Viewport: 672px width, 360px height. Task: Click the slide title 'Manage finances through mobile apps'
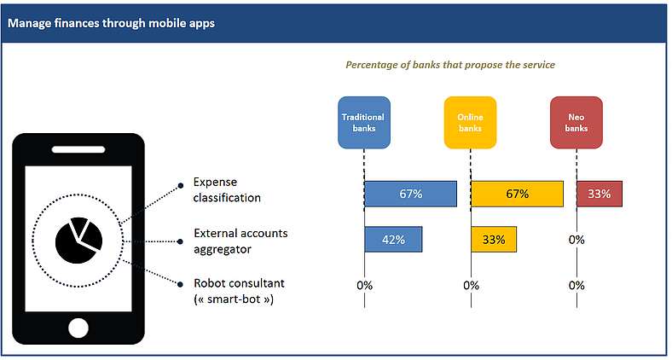(x=111, y=23)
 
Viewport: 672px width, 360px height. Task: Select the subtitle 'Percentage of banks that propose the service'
(x=450, y=65)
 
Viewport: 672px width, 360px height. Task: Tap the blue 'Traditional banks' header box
(x=363, y=123)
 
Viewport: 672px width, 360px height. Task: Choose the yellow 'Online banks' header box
(x=470, y=123)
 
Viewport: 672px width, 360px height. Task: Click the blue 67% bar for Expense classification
(x=410, y=194)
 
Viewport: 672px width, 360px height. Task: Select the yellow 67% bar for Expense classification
(x=517, y=194)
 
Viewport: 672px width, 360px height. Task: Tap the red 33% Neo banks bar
(x=599, y=194)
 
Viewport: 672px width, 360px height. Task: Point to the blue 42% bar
(x=393, y=240)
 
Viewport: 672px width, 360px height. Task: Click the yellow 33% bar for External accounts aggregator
(x=494, y=240)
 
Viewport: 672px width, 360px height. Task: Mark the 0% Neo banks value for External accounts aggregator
(x=576, y=240)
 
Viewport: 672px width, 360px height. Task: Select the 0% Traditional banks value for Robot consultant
(x=364, y=285)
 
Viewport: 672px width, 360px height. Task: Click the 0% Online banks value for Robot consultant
(x=471, y=285)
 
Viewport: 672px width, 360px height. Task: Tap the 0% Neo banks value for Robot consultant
(x=576, y=285)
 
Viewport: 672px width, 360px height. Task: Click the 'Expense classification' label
(x=227, y=189)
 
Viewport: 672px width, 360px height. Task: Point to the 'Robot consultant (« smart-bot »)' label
(x=235, y=290)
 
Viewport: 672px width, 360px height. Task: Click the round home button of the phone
(x=78, y=328)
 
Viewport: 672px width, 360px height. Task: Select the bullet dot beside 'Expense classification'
(x=181, y=184)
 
